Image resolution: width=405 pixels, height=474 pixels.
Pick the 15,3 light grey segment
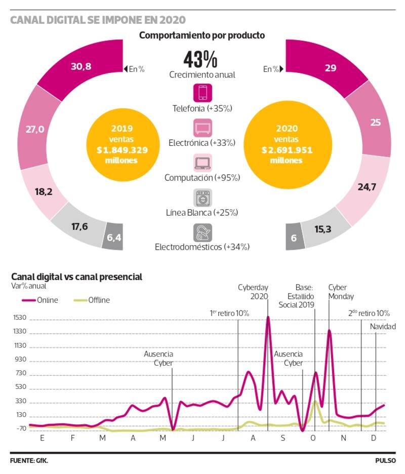coord(324,230)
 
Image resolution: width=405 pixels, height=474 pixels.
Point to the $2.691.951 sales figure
coord(287,150)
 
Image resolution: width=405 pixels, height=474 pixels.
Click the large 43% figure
coord(201,60)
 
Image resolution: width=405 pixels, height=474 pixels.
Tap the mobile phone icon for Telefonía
coord(202,93)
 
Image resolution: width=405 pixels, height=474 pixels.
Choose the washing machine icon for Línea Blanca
coord(202,197)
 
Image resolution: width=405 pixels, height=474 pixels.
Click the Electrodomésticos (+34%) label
coord(202,247)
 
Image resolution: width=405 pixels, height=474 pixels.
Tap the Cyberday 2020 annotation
coord(253,292)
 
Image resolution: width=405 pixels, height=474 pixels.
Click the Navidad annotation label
coord(382,327)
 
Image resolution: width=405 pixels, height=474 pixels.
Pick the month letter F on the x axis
coord(73,438)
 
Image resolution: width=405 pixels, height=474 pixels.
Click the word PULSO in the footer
coord(385,461)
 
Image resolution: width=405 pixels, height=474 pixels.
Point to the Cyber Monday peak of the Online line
coord(329,331)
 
